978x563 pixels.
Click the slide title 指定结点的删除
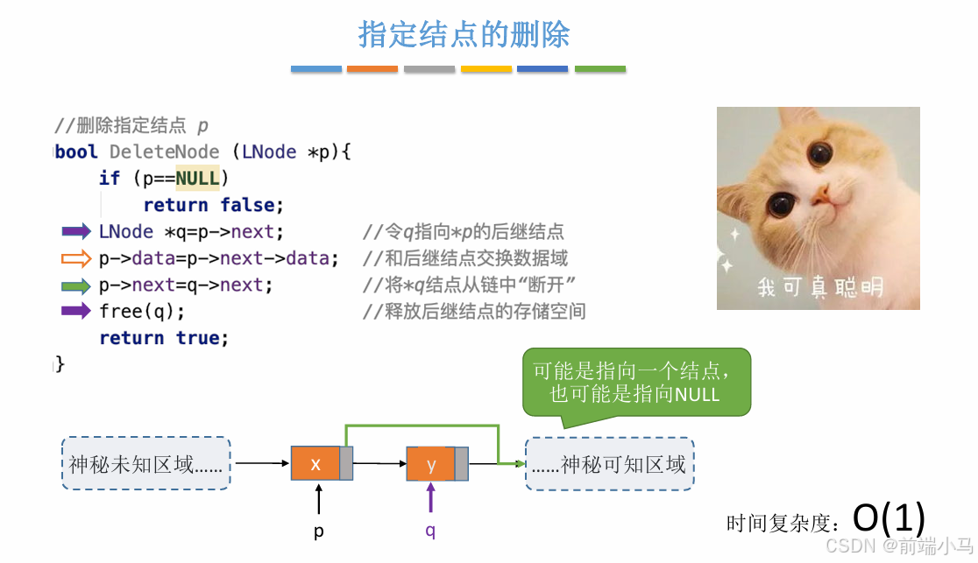tap(464, 34)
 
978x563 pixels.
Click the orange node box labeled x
tap(315, 464)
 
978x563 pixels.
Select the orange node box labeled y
tap(430, 464)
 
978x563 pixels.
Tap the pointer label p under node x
tap(318, 531)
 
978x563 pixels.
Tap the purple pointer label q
tap(430, 531)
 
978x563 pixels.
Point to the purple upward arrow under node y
tap(430, 499)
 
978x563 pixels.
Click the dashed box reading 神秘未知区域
tap(145, 464)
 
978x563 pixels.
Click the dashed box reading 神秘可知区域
tap(610, 464)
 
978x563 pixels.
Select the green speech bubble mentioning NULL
tap(636, 382)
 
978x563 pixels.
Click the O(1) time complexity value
tap(889, 518)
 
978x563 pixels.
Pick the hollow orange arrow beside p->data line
tap(76, 258)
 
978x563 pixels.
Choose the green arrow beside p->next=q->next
tap(76, 285)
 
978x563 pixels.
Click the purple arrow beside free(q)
tap(76, 311)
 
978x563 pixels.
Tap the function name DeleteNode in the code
tap(164, 152)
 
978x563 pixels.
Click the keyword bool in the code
tap(77, 152)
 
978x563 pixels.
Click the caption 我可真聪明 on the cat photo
tap(819, 286)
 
